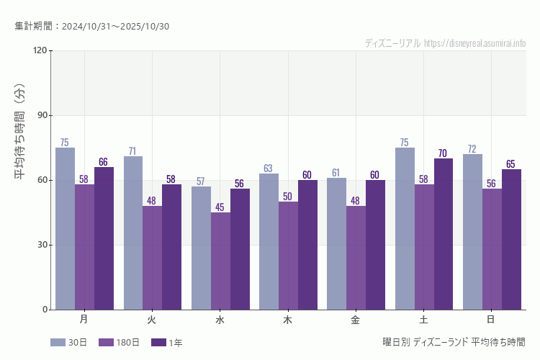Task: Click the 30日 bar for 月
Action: point(65,228)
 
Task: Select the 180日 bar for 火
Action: point(152,258)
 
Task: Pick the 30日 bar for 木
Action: point(269,241)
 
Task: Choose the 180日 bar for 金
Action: point(356,258)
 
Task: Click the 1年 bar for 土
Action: point(444,234)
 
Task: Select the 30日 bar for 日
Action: point(472,232)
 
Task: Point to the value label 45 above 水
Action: point(220,207)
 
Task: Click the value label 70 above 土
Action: point(443,153)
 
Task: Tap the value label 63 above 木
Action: point(268,168)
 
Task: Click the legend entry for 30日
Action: point(69,343)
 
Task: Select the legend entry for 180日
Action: point(119,343)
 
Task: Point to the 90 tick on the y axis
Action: point(40,115)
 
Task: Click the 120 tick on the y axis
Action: point(39,50)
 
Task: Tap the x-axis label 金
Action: point(356,319)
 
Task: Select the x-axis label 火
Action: point(152,319)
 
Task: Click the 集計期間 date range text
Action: point(91,27)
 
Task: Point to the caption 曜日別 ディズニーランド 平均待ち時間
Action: point(454,342)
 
